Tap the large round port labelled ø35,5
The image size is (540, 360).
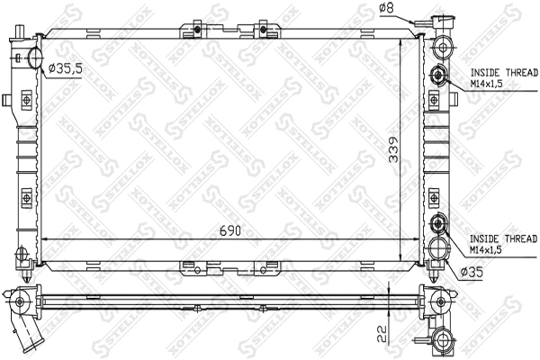[35, 59]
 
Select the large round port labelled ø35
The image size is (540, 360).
[437, 245]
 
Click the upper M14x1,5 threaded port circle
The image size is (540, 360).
[437, 76]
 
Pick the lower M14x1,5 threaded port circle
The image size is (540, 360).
[437, 226]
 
